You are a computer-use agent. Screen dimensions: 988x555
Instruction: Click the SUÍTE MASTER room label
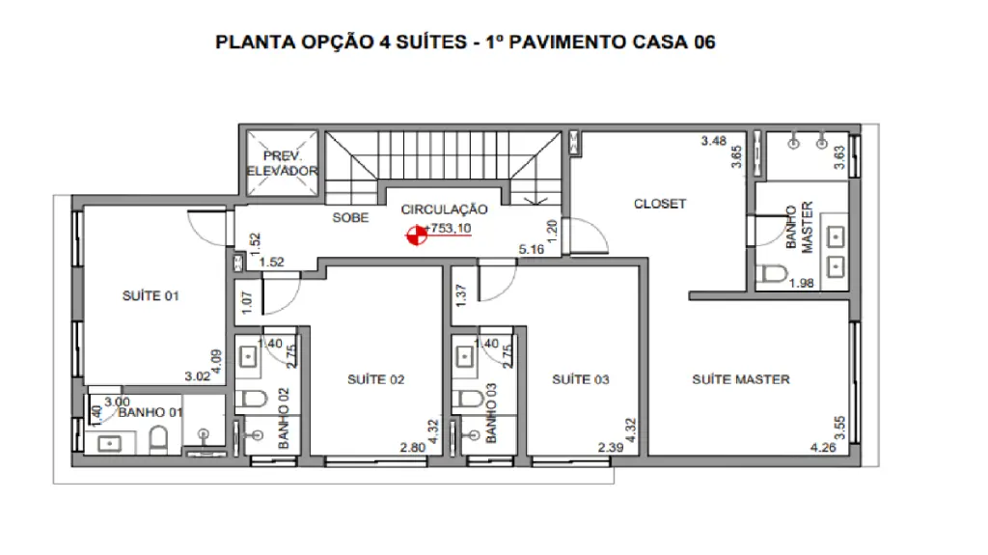[741, 379]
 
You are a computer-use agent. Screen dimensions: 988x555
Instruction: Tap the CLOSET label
[660, 204]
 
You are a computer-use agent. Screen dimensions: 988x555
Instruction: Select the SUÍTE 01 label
[151, 295]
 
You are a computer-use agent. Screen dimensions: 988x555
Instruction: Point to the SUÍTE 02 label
[375, 379]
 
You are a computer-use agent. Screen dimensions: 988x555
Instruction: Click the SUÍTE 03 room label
[580, 379]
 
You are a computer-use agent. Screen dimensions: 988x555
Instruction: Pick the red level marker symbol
[416, 236]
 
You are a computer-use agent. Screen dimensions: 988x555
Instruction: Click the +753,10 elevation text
[448, 228]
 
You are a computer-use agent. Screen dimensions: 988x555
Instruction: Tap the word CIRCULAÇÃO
[444, 209]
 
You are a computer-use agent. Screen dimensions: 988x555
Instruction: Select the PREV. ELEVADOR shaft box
[282, 163]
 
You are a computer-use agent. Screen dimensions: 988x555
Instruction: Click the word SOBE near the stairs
[350, 217]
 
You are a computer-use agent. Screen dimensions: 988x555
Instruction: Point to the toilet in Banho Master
[773, 274]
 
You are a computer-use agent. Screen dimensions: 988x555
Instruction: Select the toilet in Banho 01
[159, 439]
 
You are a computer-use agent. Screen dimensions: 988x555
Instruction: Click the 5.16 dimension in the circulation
[532, 249]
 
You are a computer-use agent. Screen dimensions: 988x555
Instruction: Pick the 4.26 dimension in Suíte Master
[823, 447]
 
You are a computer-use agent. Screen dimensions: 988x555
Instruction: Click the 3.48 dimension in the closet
[714, 141]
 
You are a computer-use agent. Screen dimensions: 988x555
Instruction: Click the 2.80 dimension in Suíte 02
[413, 447]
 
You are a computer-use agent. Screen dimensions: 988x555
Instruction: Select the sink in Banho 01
[110, 444]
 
